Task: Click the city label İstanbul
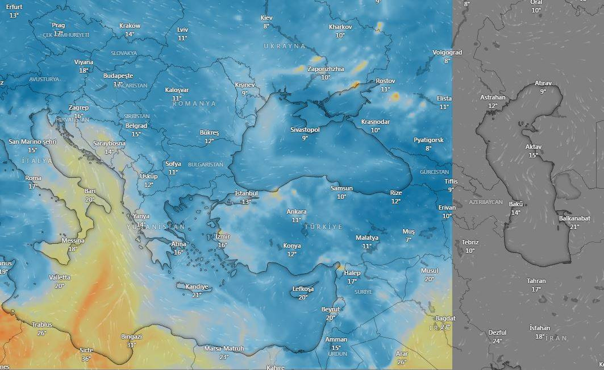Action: tap(246, 193)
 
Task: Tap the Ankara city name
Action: tap(296, 211)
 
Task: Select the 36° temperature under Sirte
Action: tap(86, 359)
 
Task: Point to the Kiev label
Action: tap(266, 18)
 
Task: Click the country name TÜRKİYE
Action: tap(323, 227)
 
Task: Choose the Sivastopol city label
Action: tap(305, 130)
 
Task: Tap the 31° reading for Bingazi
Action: tap(131, 345)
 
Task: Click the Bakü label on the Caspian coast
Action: tap(515, 204)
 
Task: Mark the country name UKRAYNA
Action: tap(285, 45)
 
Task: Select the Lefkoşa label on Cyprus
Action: tap(303, 289)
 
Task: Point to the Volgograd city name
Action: tap(447, 52)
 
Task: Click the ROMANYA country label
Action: tap(194, 103)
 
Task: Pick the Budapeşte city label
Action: tap(118, 76)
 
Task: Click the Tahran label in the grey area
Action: tap(536, 281)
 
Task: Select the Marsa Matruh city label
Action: tap(224, 348)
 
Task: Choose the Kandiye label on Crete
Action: tap(197, 286)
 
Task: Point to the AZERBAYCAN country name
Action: tap(486, 202)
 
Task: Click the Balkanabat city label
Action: tap(574, 218)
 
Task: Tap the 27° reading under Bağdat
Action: tap(445, 327)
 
